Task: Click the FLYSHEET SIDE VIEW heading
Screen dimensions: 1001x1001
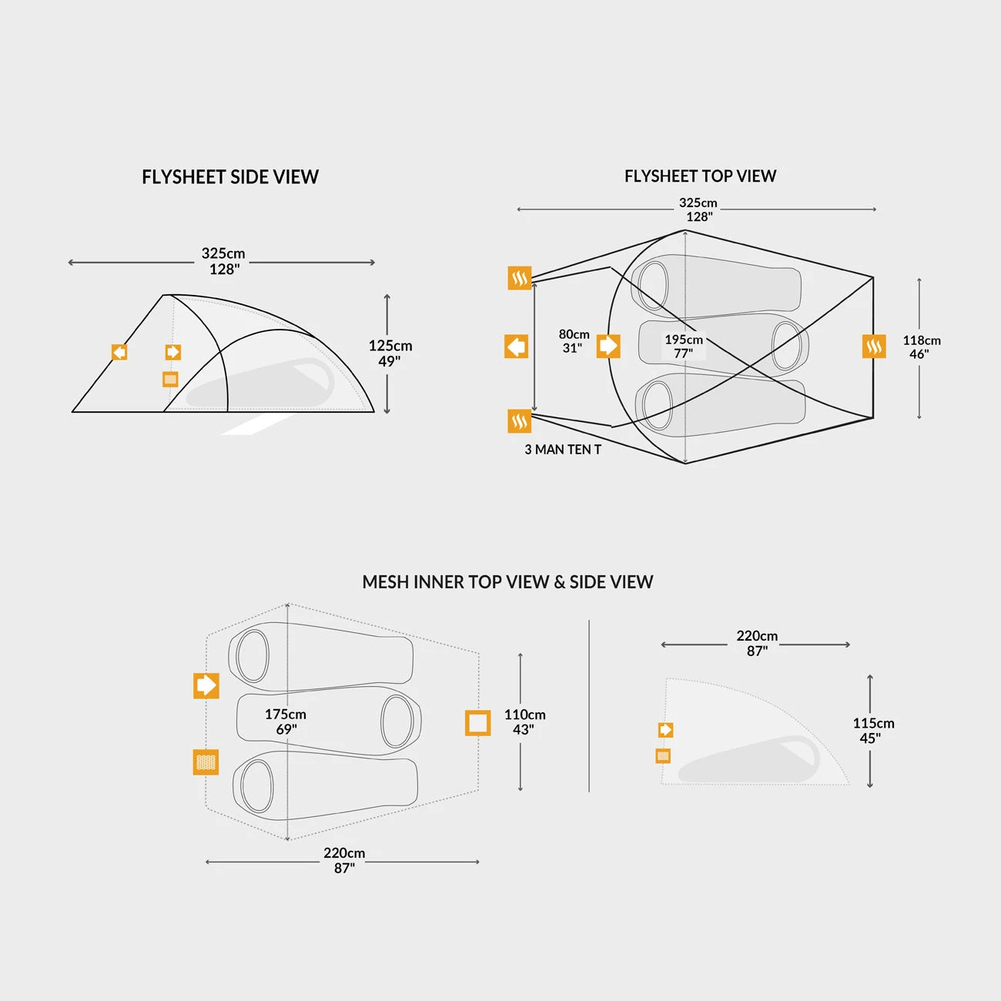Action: [x=230, y=177]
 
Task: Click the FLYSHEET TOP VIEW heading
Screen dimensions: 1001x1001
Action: [x=700, y=176]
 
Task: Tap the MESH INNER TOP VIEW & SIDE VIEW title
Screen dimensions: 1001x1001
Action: [x=507, y=582]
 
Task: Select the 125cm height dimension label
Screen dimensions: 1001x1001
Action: [x=390, y=353]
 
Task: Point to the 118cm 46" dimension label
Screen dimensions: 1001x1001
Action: [x=921, y=347]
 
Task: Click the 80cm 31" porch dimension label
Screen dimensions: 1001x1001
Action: [x=574, y=341]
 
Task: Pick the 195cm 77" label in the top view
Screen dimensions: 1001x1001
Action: [x=684, y=346]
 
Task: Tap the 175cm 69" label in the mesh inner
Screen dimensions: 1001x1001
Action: [x=286, y=721]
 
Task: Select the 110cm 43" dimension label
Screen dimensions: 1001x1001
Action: [x=524, y=721]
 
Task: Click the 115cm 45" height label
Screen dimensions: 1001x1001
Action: [x=873, y=730]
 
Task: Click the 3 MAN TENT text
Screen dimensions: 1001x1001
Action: [x=563, y=450]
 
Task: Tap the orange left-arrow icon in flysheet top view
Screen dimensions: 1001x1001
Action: [x=517, y=346]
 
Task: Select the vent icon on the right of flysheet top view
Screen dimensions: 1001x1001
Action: [x=874, y=346]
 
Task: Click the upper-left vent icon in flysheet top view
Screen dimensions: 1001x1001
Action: [x=520, y=278]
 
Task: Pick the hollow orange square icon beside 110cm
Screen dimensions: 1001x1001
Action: [x=478, y=723]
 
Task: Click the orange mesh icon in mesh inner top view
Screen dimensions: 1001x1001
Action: [x=206, y=762]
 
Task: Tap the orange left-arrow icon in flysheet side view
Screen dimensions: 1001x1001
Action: [x=119, y=352]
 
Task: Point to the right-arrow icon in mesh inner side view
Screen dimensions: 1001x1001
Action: [x=665, y=729]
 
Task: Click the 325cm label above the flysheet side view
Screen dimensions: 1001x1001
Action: [x=223, y=261]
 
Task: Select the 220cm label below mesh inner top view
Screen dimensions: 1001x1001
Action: [x=344, y=860]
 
